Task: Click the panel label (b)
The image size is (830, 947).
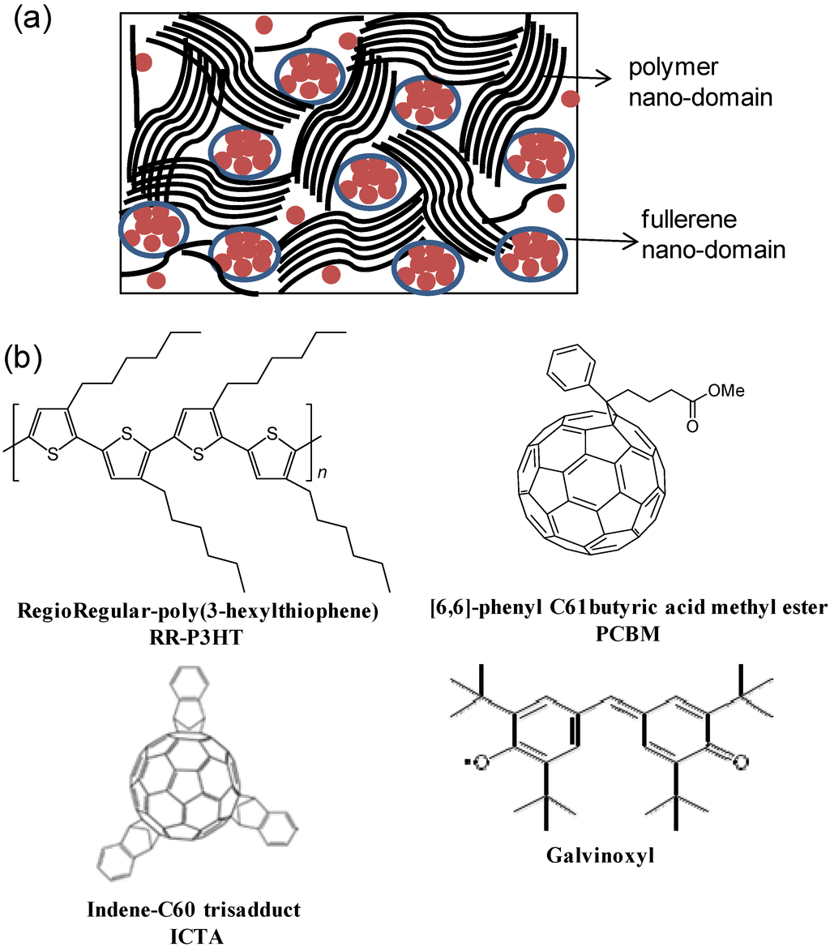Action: click(x=33, y=357)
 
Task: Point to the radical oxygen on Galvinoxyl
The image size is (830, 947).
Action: click(x=484, y=762)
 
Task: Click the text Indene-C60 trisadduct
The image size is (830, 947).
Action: click(x=194, y=910)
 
